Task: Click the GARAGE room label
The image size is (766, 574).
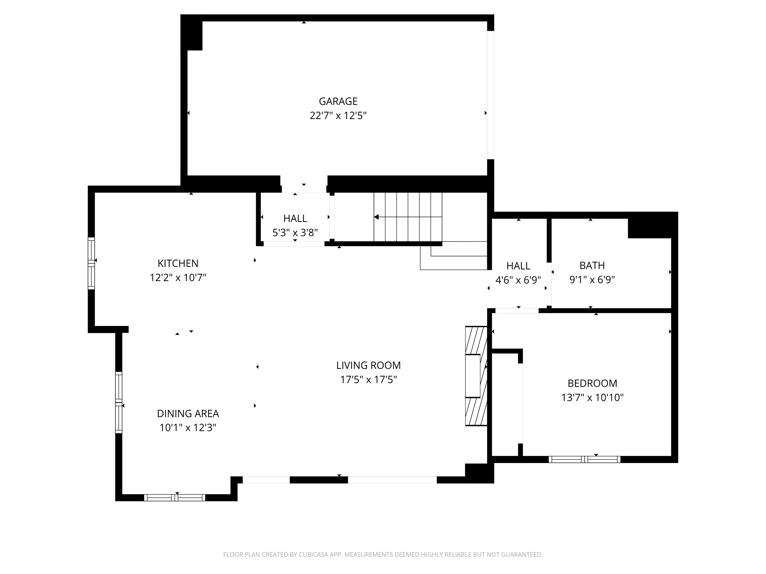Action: click(x=338, y=101)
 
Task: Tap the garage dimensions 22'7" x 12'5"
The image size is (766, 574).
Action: click(x=338, y=116)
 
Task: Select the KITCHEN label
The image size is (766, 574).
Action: click(x=178, y=264)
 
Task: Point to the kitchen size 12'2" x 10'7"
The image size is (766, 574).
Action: click(x=178, y=278)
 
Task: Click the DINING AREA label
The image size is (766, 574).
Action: click(x=188, y=414)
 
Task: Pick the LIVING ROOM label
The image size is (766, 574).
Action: click(x=368, y=365)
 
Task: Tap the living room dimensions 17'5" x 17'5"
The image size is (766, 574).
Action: click(x=368, y=380)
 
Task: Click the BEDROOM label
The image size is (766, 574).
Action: click(x=592, y=383)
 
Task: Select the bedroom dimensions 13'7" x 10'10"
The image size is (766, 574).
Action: click(x=592, y=397)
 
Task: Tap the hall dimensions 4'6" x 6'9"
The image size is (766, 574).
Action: click(x=518, y=280)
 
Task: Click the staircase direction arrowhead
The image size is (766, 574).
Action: click(x=376, y=217)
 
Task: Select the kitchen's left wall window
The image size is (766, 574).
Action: click(x=91, y=263)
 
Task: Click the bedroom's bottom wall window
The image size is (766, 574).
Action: click(x=584, y=459)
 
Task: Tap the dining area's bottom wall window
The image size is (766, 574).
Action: click(x=175, y=497)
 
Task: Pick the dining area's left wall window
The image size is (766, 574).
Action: click(x=119, y=402)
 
